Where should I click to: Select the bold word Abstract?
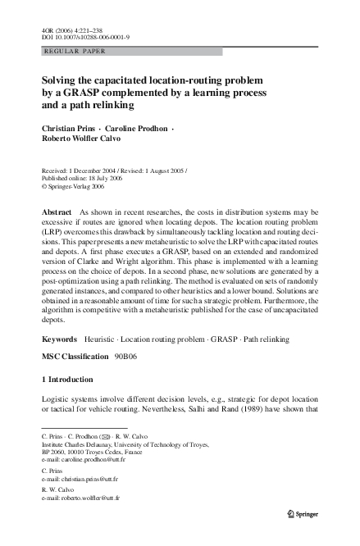tap(57, 212)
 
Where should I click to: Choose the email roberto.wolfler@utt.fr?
tap(92, 497)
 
